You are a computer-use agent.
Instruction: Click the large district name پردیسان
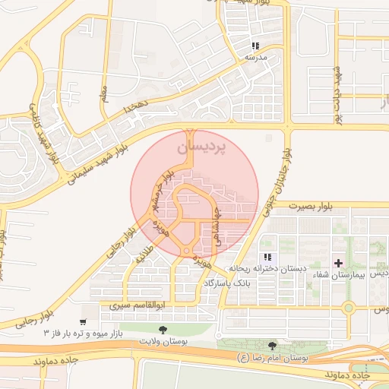pos(201,147)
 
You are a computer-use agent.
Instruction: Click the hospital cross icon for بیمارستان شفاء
pos(338,262)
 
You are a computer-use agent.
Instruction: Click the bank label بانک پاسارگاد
pos(226,283)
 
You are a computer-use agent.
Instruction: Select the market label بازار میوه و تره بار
pos(90,334)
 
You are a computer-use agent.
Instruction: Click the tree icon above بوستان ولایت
pos(165,328)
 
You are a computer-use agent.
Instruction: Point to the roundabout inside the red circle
pos(186,251)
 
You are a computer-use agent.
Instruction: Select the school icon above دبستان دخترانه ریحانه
pos(266,258)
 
